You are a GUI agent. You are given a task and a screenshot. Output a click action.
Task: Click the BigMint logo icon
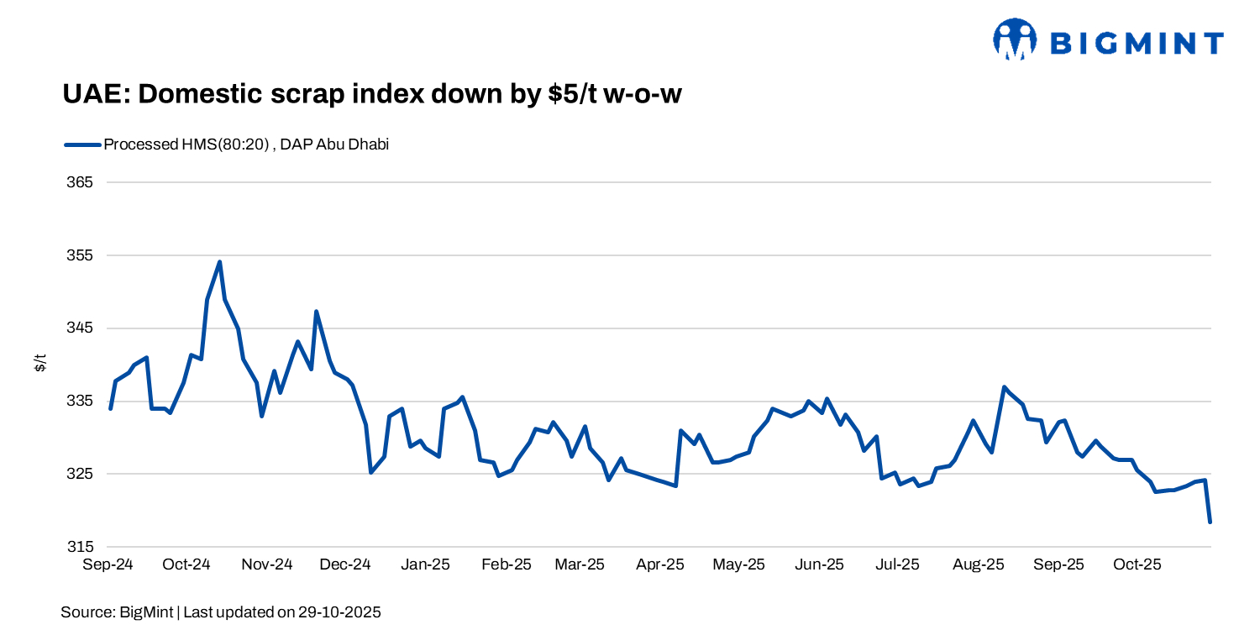pos(1015,39)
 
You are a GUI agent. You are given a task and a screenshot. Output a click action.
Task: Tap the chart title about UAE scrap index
pos(371,94)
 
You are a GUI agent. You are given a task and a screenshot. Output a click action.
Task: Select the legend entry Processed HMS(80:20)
pos(245,144)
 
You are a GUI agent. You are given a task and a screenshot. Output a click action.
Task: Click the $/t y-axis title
pos(40,364)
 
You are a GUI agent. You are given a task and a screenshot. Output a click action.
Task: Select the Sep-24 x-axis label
pos(108,564)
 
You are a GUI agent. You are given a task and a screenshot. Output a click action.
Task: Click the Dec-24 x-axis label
pos(346,564)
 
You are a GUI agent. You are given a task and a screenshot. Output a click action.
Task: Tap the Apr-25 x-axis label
pos(660,564)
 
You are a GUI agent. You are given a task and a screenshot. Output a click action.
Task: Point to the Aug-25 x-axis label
pos(979,564)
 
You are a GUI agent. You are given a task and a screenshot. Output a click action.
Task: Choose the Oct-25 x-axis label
pos(1137,564)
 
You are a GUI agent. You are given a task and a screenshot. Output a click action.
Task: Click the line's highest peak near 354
pos(219,262)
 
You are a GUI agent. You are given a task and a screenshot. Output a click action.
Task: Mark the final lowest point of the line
pos(1210,522)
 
